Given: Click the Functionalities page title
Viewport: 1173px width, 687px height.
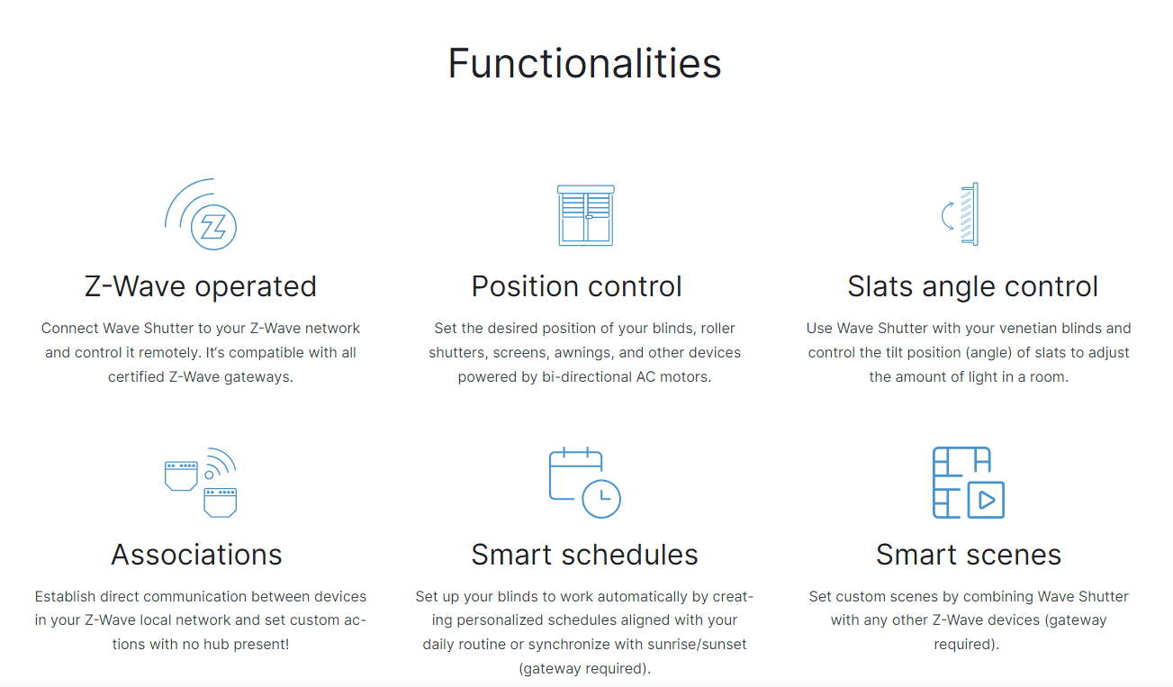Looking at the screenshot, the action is pos(584,63).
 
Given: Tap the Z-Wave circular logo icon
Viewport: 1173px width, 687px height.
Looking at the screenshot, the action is pos(213,227).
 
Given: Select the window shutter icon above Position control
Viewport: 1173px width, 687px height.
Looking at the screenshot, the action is pos(585,215).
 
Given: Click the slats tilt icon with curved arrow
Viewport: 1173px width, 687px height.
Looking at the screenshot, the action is pos(960,214).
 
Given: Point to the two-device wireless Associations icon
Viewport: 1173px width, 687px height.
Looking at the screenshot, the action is pos(201,483).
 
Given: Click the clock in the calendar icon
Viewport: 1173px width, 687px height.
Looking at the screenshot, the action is pos(601,499).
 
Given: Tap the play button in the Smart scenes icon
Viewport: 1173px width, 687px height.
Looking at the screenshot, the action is pos(986,500).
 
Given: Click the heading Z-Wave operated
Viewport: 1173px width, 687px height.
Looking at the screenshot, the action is pos(201,287).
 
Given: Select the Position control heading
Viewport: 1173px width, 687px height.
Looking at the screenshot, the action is pos(576,286).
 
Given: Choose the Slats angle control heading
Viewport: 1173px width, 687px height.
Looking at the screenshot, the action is pos(972,287).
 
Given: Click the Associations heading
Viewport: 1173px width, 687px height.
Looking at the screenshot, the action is pos(196,555).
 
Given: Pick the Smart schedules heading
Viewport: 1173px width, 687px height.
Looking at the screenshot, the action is pos(584,555).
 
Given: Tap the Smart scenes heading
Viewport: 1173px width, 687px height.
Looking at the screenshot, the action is pos(969,555).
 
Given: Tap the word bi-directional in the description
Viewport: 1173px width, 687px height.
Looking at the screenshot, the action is pos(587,377).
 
